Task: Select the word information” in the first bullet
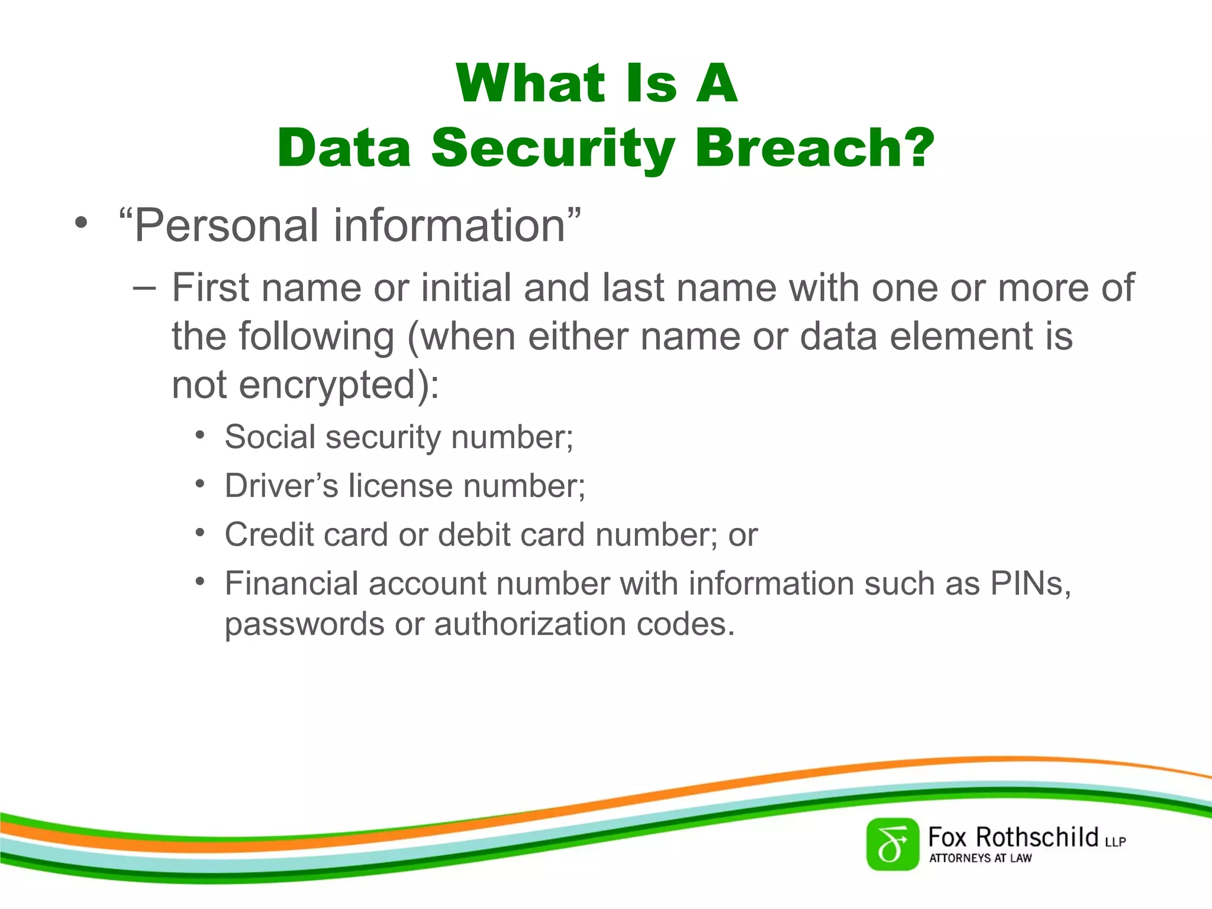coord(457,226)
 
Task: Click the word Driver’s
coord(281,486)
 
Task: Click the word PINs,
coord(1030,584)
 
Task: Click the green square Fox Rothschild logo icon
coord(892,844)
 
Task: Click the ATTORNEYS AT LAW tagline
coord(980,858)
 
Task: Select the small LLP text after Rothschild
coord(1115,842)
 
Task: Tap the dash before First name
coord(144,288)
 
